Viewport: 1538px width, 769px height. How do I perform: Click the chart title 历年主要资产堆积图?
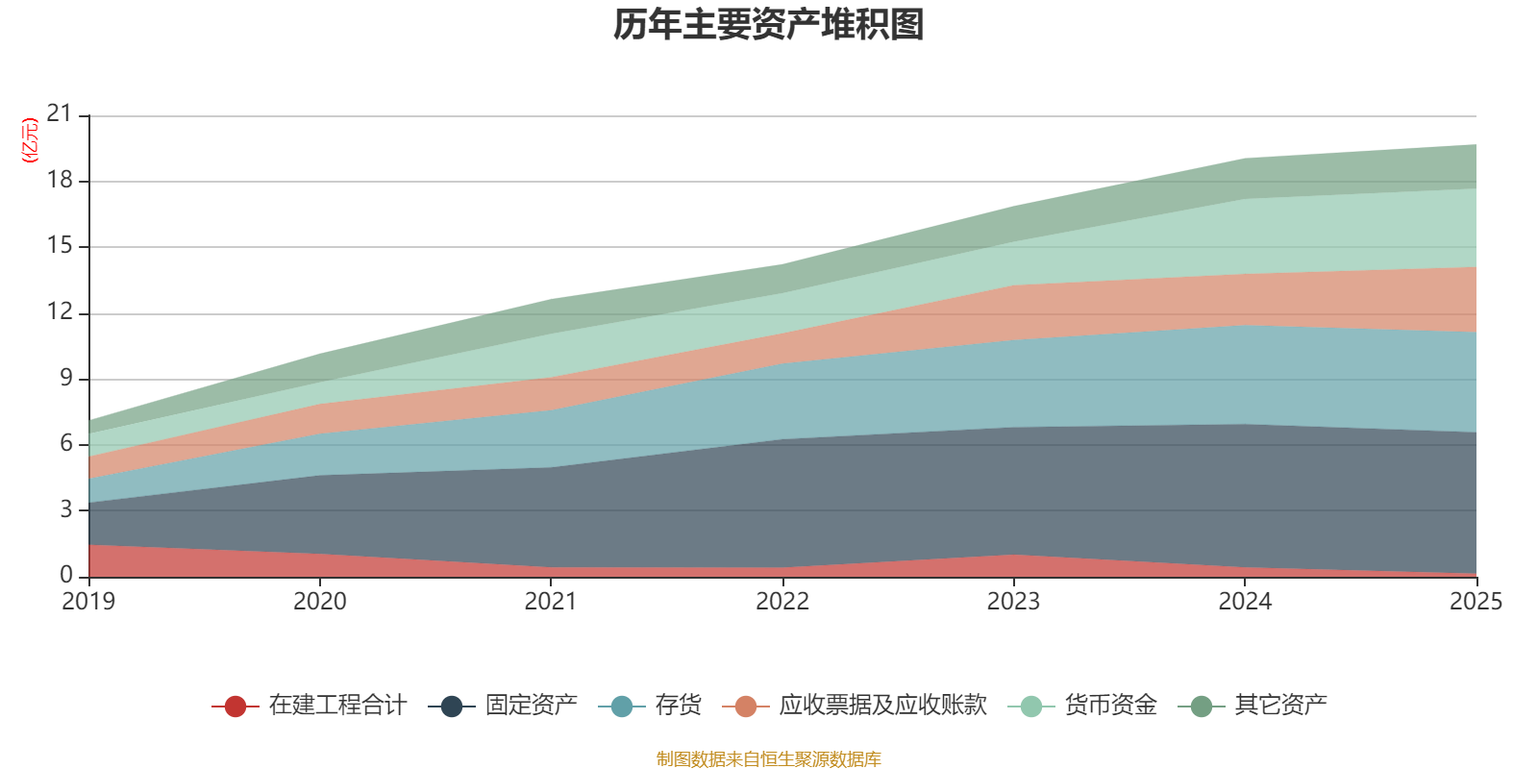(769, 25)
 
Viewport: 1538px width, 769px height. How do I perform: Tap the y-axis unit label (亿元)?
(30, 140)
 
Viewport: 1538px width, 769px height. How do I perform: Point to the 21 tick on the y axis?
(60, 114)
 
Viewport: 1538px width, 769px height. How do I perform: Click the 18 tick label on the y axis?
(60, 180)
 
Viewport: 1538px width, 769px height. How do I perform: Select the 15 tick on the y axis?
(60, 246)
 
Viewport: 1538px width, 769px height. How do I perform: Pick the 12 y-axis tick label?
(60, 311)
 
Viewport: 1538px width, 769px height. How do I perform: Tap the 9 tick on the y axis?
(66, 378)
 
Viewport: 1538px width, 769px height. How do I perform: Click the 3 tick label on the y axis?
(66, 509)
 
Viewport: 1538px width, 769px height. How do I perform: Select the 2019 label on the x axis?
(88, 602)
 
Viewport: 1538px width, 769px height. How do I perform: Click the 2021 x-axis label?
(551, 602)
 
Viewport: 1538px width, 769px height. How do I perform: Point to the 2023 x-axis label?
(1013, 602)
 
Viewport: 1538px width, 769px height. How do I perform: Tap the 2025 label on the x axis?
(1475, 602)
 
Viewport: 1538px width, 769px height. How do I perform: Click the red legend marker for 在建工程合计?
(236, 707)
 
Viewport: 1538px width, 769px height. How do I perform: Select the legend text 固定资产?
(531, 706)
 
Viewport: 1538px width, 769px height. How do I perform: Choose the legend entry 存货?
(678, 706)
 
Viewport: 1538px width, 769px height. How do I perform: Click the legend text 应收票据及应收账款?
(882, 706)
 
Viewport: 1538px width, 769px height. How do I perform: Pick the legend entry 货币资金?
(1110, 706)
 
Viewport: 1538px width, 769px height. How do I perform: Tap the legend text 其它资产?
(1280, 706)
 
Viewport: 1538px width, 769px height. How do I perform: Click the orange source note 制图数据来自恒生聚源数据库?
(768, 759)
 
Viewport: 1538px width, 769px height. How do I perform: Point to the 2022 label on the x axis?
(782, 602)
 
